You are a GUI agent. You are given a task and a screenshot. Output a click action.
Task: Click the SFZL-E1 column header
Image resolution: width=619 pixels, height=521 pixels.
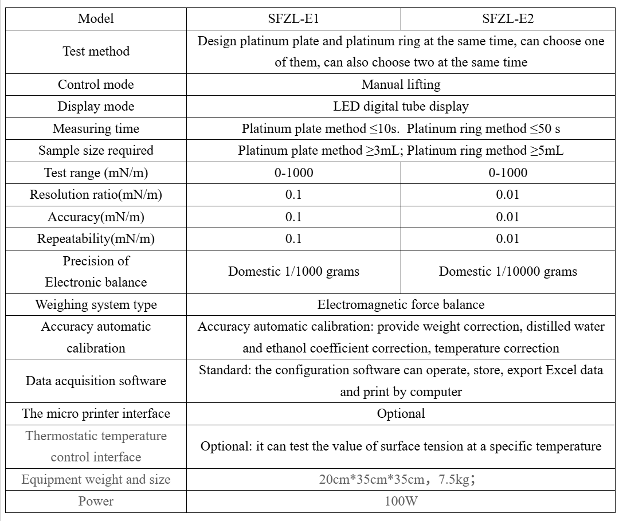click(x=293, y=18)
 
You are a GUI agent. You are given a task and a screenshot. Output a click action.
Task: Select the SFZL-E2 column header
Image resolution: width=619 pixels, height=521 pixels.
click(x=508, y=18)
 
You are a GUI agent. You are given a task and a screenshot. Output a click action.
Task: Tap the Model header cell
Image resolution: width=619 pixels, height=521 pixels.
click(x=96, y=18)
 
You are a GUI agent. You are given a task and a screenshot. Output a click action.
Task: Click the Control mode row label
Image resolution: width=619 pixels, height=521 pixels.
click(x=96, y=85)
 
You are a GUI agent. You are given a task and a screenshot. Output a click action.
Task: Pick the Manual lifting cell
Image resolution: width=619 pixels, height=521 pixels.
click(x=401, y=85)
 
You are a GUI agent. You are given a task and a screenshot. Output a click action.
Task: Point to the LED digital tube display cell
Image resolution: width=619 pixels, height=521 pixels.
click(x=401, y=107)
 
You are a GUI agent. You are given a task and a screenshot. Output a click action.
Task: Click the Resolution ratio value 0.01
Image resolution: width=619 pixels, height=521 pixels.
click(x=508, y=195)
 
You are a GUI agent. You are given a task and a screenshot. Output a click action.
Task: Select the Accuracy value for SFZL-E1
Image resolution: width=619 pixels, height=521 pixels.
click(x=293, y=217)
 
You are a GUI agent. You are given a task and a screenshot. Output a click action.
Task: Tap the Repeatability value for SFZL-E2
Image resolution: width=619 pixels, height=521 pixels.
click(x=508, y=239)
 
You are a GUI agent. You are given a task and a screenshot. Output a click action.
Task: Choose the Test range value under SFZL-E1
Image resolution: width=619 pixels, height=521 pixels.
click(x=293, y=173)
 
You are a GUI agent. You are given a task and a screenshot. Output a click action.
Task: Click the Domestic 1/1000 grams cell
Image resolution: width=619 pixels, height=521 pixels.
click(x=293, y=272)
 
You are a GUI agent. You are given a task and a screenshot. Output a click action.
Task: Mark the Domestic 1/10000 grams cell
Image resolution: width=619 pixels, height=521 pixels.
click(x=508, y=272)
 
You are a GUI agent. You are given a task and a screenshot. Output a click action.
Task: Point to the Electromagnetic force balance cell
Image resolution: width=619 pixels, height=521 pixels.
click(x=401, y=305)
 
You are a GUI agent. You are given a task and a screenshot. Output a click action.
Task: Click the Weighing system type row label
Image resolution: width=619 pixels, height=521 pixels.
click(x=96, y=305)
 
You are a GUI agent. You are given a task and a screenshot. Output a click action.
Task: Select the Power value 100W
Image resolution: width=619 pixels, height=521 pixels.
click(x=401, y=502)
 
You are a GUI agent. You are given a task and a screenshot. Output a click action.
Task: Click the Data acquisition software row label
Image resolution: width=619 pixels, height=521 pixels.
click(x=96, y=381)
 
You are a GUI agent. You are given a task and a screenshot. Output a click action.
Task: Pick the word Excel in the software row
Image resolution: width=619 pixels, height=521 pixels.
click(x=561, y=370)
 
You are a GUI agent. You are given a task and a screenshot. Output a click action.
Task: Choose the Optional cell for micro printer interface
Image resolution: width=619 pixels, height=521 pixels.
click(x=401, y=414)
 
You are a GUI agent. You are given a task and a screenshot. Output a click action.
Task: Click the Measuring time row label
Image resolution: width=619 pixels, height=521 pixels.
click(x=96, y=129)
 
